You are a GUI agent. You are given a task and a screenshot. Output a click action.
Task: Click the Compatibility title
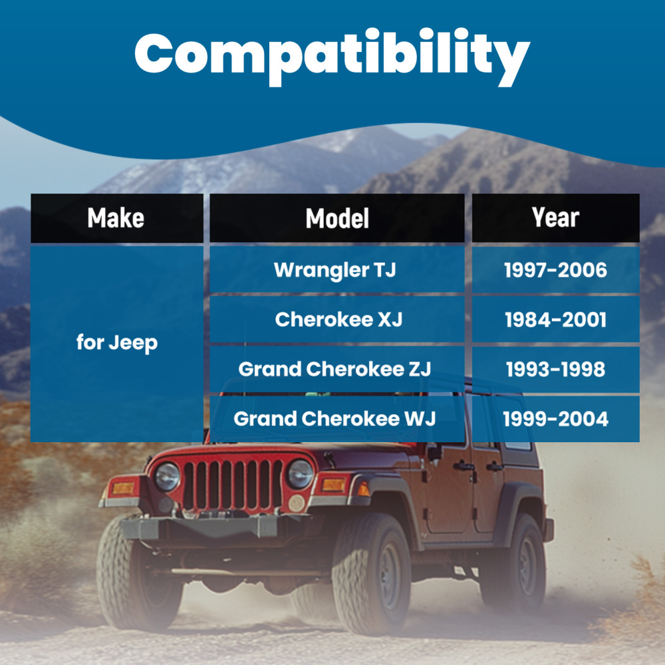pyautogui.click(x=332, y=57)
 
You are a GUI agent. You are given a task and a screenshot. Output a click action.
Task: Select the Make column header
pyautogui.click(x=116, y=218)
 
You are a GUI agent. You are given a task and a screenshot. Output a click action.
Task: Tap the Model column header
pyautogui.click(x=337, y=218)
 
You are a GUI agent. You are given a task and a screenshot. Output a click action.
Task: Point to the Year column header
pyautogui.click(x=555, y=218)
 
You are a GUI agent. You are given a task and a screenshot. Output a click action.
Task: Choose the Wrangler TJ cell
pyautogui.click(x=337, y=270)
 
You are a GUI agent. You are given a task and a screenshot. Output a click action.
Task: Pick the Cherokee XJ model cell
pyautogui.click(x=337, y=319)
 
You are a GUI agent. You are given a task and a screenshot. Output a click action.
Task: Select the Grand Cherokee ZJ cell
pyautogui.click(x=337, y=369)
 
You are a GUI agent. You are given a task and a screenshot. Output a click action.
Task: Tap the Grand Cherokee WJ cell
pyautogui.click(x=337, y=418)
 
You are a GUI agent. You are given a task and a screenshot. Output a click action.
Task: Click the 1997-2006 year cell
pyautogui.click(x=555, y=270)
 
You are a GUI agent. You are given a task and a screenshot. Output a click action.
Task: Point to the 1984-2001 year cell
pyautogui.click(x=555, y=319)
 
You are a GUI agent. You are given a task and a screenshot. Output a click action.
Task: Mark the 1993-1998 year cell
pyautogui.click(x=555, y=369)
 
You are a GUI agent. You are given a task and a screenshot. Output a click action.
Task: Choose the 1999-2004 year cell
pyautogui.click(x=555, y=418)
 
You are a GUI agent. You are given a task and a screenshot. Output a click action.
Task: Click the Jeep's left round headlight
pyautogui.click(x=167, y=477)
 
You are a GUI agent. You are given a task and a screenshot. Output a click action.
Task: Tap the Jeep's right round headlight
pyautogui.click(x=301, y=473)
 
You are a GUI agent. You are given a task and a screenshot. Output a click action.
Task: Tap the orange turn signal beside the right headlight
pyautogui.click(x=333, y=484)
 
